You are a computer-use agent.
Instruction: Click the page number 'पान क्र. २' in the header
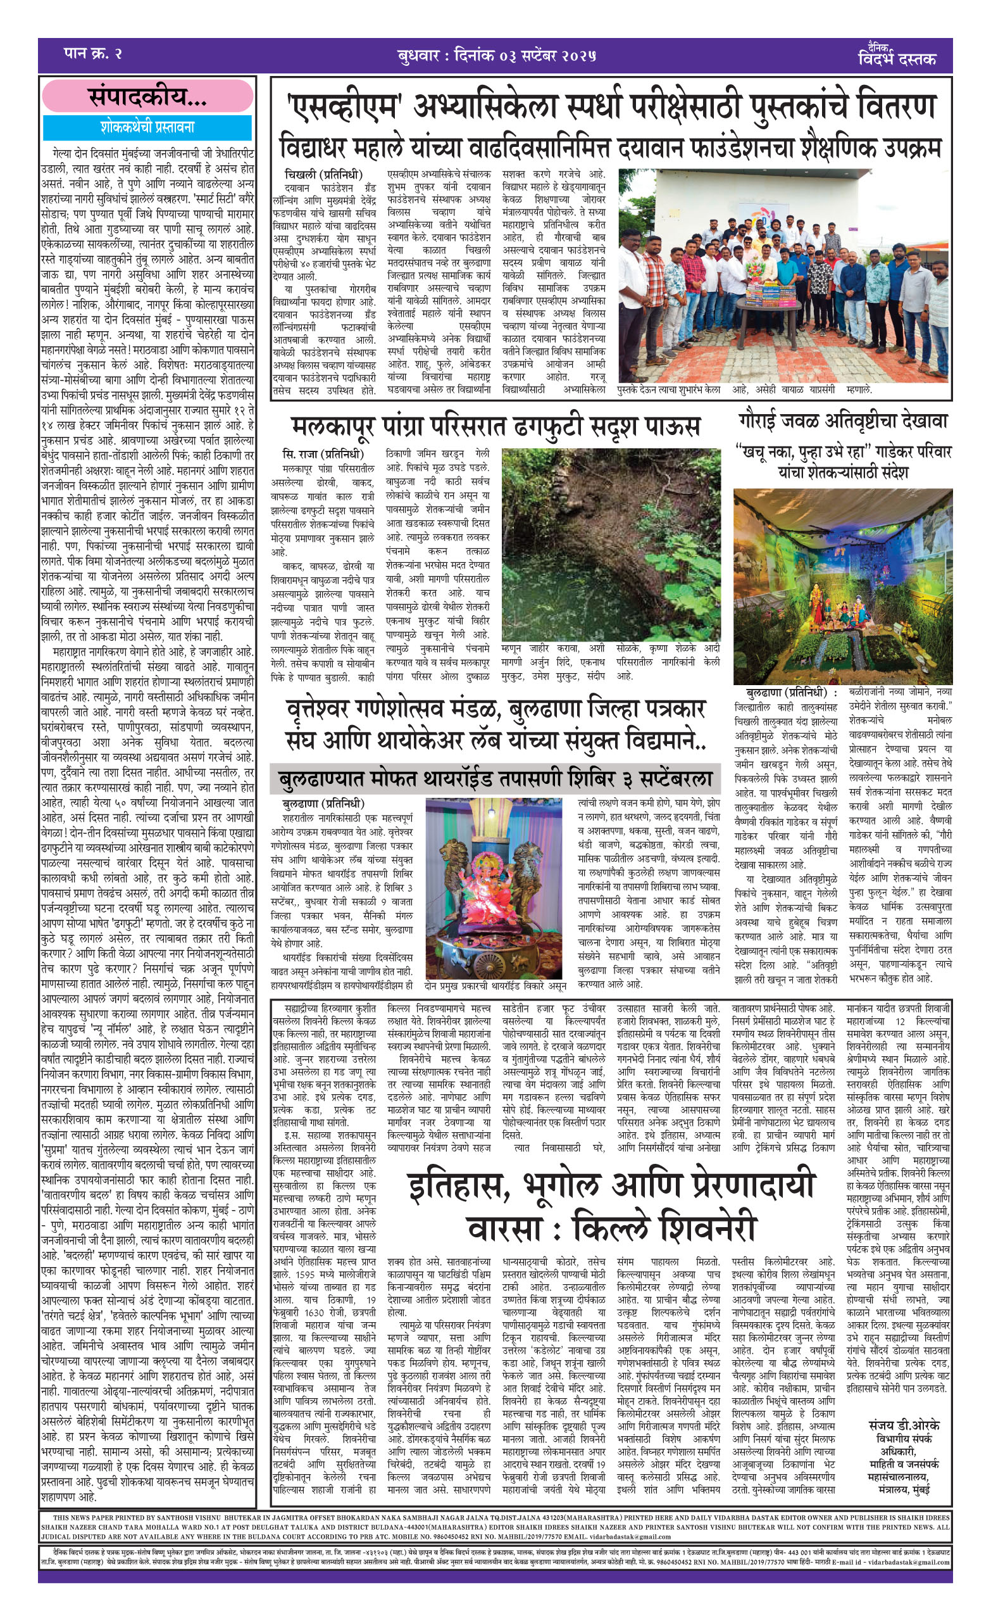point(92,54)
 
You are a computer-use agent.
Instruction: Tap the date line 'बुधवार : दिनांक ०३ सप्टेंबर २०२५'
point(496,56)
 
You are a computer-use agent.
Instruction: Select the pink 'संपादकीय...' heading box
point(147,98)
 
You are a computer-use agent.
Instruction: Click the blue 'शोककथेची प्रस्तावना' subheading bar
point(147,127)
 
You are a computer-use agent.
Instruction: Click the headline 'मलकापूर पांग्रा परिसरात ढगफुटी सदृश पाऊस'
point(495,426)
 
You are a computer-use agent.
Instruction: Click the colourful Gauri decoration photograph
point(842,586)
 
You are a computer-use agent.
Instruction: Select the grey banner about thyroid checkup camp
point(495,779)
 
